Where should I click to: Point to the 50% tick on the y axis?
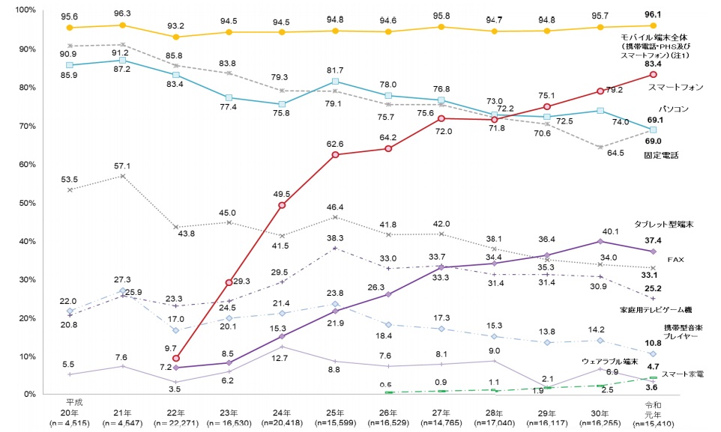15,203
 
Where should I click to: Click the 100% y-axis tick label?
15,10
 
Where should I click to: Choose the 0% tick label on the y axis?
18,395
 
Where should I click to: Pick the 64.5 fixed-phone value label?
612,153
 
